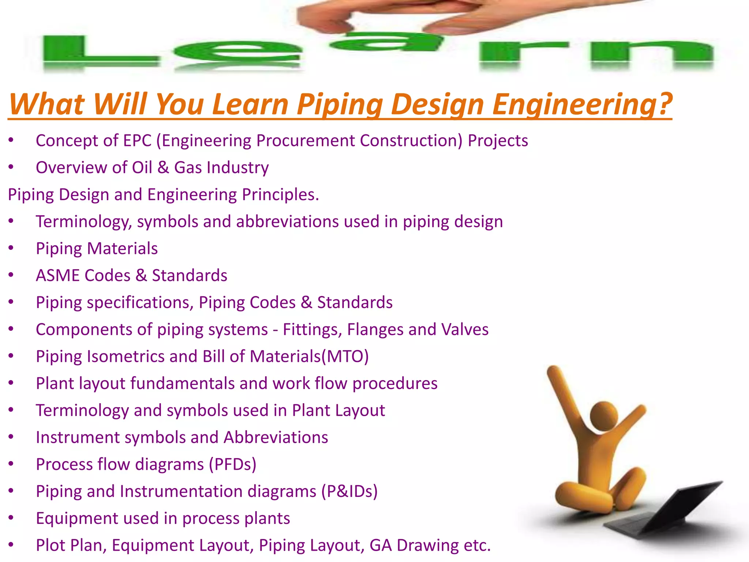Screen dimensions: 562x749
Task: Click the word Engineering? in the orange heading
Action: click(582, 104)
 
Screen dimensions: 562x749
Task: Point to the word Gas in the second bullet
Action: click(188, 168)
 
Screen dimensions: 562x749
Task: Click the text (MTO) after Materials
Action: click(345, 356)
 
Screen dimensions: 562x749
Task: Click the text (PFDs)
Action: click(233, 464)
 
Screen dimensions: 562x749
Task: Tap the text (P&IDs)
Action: click(349, 491)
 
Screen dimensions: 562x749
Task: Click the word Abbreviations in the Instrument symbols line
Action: click(276, 437)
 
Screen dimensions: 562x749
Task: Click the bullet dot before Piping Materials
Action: click(11, 248)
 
